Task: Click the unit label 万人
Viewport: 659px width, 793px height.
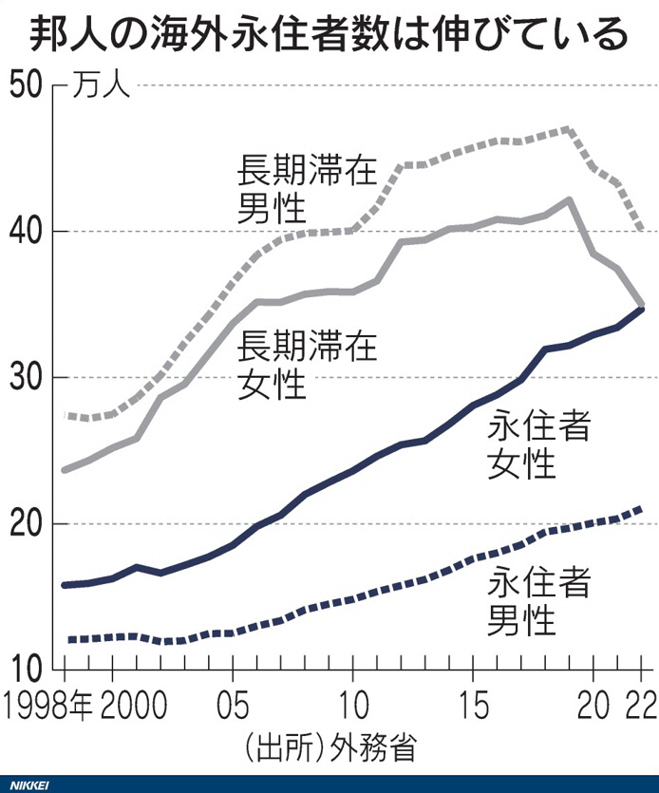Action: point(101,88)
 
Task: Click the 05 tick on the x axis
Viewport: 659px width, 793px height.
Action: point(233,708)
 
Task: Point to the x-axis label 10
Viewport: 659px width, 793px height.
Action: point(352,708)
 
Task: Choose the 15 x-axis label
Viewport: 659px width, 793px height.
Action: point(472,708)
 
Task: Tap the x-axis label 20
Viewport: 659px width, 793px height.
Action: point(593,708)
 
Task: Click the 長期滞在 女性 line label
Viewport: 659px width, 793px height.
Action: point(307,364)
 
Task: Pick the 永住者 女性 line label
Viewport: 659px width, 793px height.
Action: point(538,444)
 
